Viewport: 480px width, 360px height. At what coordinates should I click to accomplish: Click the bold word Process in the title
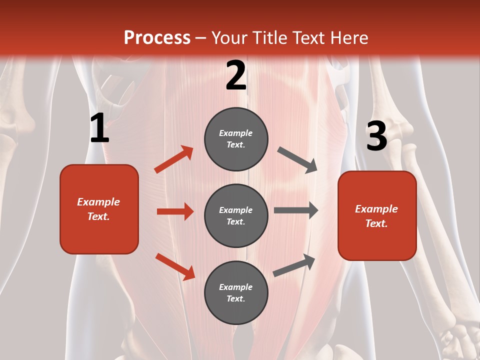(157, 37)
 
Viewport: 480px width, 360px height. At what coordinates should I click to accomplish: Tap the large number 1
(99, 128)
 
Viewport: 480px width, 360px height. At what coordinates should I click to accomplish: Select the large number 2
(236, 76)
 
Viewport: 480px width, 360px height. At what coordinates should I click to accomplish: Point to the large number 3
(376, 136)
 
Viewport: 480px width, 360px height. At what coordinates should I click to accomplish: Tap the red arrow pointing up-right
(174, 159)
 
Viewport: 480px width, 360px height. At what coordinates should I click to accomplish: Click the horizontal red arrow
(175, 211)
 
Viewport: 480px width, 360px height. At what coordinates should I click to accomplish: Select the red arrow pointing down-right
(175, 266)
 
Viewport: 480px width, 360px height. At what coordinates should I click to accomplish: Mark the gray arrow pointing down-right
(297, 160)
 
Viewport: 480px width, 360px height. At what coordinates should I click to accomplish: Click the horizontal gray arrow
(296, 210)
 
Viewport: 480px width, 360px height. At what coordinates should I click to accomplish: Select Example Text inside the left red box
(98, 209)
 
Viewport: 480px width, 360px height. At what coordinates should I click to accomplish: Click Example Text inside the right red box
(376, 216)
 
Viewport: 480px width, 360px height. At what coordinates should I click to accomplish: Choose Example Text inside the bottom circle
(236, 292)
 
